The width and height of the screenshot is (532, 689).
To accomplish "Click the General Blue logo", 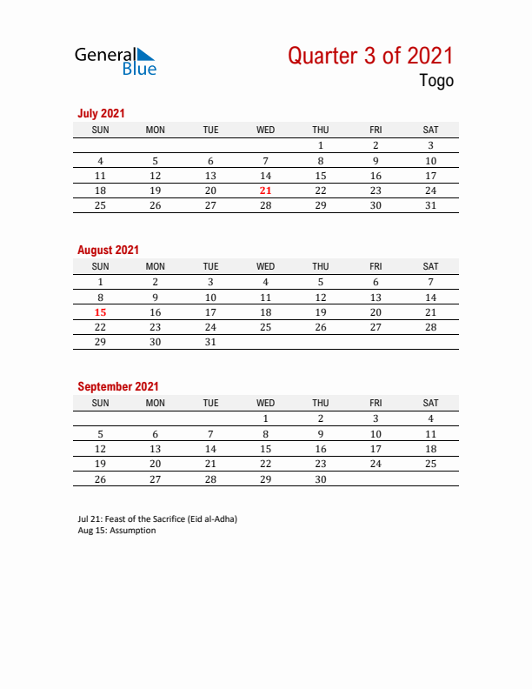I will pyautogui.click(x=116, y=61).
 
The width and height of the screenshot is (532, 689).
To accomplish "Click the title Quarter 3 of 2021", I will pyautogui.click(x=370, y=57).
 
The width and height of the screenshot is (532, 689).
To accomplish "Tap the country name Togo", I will pyautogui.click(x=436, y=82).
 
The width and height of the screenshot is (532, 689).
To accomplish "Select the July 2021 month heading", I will pyautogui.click(x=101, y=113).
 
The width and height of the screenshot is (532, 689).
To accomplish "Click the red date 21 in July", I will pyautogui.click(x=266, y=191).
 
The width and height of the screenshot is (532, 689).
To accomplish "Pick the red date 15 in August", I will pyautogui.click(x=101, y=311).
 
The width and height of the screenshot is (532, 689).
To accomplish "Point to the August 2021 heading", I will pyautogui.click(x=108, y=250).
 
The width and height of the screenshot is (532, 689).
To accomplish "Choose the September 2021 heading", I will pyautogui.click(x=118, y=386).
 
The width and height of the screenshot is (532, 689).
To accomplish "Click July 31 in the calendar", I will pyautogui.click(x=430, y=205).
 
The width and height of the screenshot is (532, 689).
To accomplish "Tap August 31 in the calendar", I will pyautogui.click(x=210, y=342).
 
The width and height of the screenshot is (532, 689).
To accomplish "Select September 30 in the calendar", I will pyautogui.click(x=321, y=478).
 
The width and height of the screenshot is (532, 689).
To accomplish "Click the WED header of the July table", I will pyautogui.click(x=266, y=130).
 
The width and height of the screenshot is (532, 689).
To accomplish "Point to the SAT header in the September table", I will pyautogui.click(x=430, y=403).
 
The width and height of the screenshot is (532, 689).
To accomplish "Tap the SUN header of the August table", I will pyautogui.click(x=101, y=266).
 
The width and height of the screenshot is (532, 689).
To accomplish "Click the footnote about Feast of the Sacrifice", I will pyautogui.click(x=157, y=519).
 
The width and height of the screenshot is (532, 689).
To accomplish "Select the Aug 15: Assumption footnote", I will pyautogui.click(x=116, y=531).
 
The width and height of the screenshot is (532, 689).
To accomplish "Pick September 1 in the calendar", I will pyautogui.click(x=266, y=418).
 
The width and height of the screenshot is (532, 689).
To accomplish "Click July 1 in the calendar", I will pyautogui.click(x=321, y=145).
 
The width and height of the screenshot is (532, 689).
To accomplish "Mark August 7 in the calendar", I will pyautogui.click(x=430, y=282).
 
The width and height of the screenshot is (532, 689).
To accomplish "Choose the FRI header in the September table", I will pyautogui.click(x=376, y=403).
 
